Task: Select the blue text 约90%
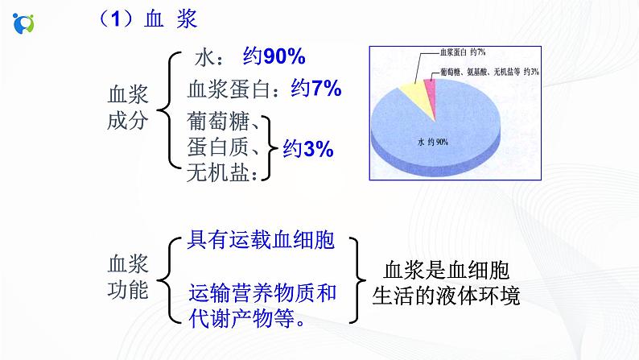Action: (x=274, y=56)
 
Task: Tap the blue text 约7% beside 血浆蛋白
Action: (x=316, y=89)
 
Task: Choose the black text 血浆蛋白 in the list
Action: (x=230, y=89)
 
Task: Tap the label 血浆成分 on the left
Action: (x=128, y=109)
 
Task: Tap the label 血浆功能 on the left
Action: (x=128, y=276)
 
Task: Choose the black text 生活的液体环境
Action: (x=446, y=296)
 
